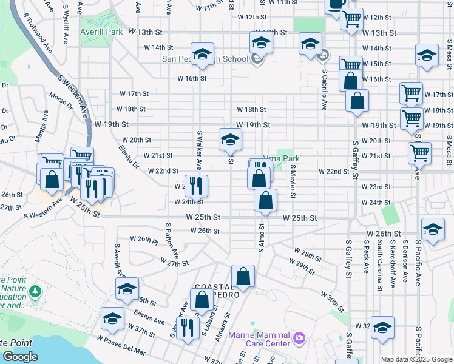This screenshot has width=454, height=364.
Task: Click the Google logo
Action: (20, 357)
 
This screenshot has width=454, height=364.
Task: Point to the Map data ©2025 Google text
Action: (416, 359)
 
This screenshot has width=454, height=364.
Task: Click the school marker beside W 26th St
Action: (433, 229)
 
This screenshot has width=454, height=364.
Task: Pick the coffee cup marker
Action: (336, 4)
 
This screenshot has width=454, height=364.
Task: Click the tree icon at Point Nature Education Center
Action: (36, 292)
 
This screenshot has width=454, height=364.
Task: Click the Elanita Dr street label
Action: (129, 155)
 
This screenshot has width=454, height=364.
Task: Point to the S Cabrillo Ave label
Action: (324, 89)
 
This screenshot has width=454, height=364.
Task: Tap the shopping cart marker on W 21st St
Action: (419, 153)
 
